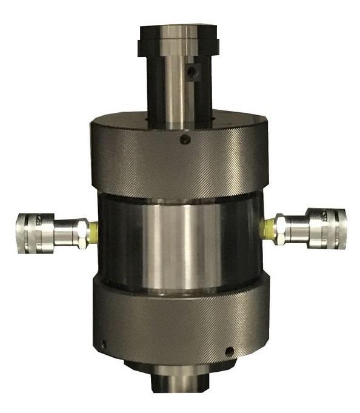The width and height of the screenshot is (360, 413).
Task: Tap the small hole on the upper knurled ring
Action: click(x=185, y=139)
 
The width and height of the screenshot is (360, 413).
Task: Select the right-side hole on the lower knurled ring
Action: click(x=228, y=351)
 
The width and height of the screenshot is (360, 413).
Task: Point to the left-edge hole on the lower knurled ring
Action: click(x=103, y=344)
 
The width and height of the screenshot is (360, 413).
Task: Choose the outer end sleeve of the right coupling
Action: click(x=327, y=229)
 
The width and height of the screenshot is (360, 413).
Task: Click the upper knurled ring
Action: click(x=179, y=161)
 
